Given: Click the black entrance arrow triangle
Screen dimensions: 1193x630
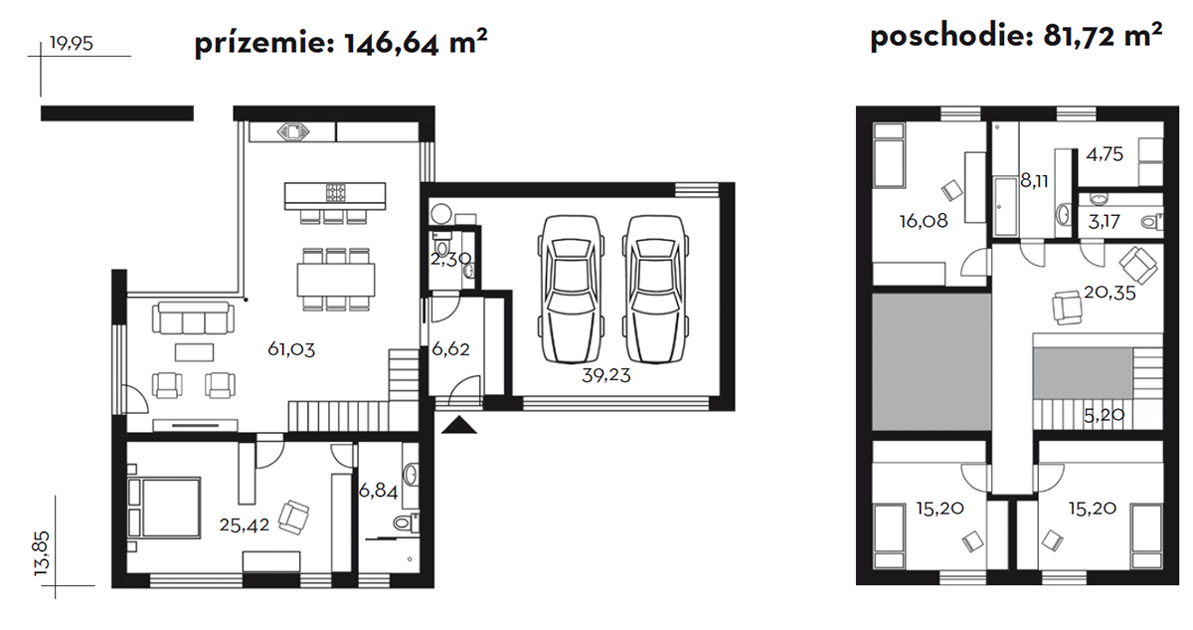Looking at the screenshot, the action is tap(459, 426).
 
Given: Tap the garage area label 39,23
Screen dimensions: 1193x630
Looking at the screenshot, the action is tap(606, 376).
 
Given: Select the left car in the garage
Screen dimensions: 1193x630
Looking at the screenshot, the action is tap(571, 290).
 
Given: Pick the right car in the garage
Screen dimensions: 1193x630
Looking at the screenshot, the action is tap(655, 290).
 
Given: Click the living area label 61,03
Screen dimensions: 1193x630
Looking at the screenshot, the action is tap(291, 349).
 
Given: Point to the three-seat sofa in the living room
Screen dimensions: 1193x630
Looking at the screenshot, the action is tap(193, 318).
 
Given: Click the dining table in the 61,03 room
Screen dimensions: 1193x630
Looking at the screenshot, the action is tap(336, 280).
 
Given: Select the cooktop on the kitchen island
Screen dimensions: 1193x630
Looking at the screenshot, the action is tap(336, 192).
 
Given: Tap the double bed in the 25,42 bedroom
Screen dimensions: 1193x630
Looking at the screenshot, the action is tap(164, 508).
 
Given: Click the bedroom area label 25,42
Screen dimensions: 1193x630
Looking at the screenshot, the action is tap(245, 525).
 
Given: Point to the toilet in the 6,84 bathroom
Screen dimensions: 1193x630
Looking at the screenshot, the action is tap(407, 523).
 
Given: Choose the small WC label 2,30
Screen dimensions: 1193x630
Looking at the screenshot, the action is tap(450, 259).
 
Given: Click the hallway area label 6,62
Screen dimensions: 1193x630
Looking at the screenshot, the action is tap(450, 349).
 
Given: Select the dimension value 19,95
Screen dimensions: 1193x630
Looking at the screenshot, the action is tap(72, 43).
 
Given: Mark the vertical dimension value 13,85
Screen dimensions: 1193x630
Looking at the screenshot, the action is tap(42, 552).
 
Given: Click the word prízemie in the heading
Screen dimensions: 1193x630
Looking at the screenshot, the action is tap(264, 43).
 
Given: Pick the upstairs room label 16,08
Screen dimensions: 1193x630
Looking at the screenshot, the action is tap(924, 221).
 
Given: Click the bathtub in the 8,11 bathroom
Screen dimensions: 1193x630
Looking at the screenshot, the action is tap(1006, 205).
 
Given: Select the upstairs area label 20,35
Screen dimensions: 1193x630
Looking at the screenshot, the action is tap(1109, 294).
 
